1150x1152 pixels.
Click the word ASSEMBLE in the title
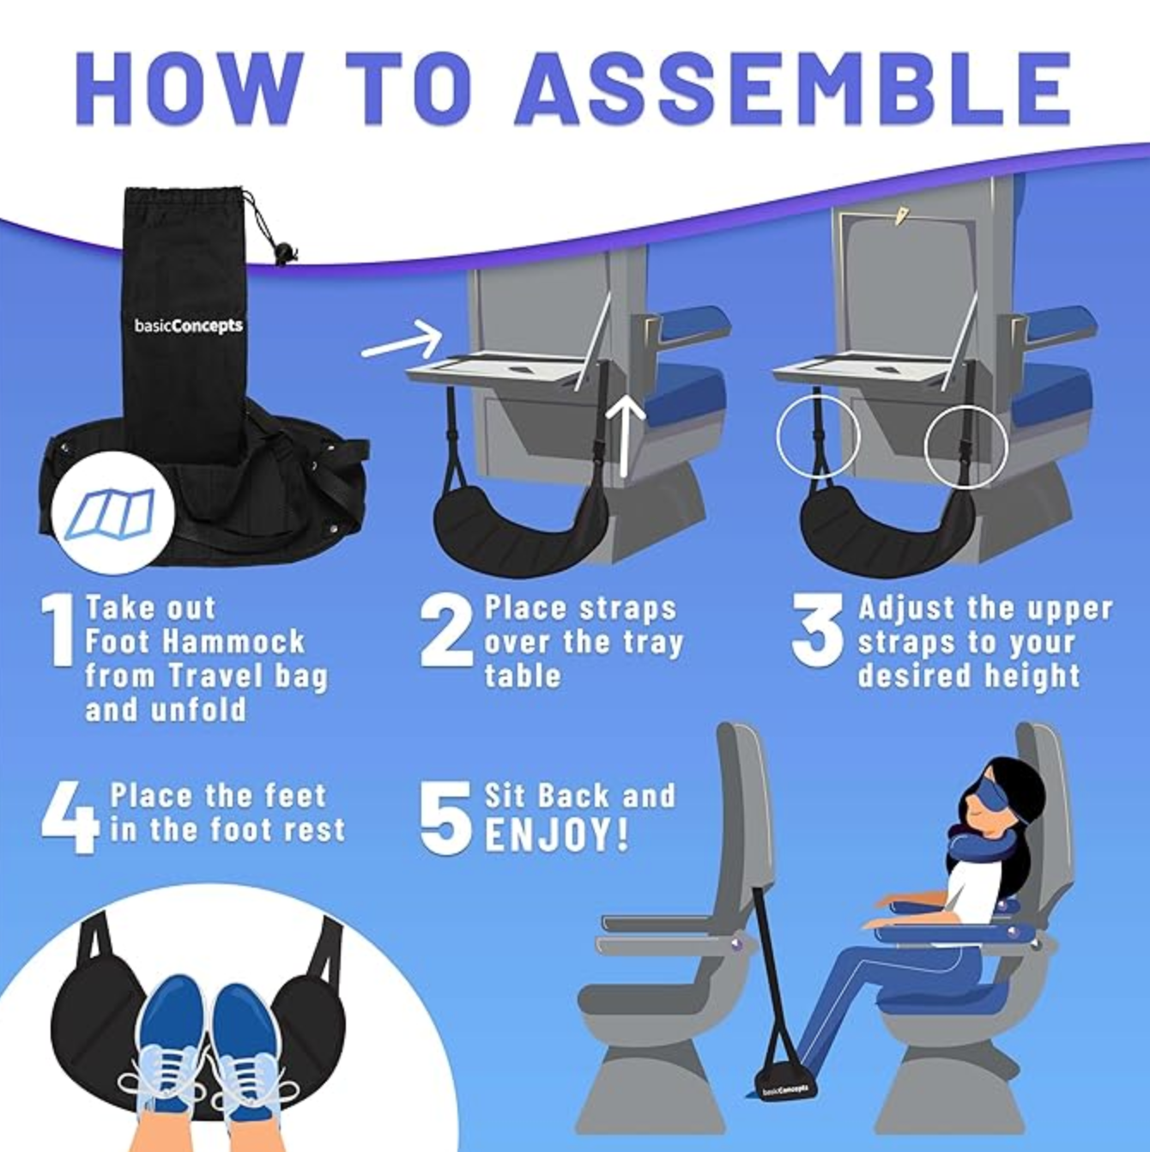(793, 88)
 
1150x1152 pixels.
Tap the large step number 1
(57, 630)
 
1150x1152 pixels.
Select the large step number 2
(446, 633)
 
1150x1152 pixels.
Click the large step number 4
(70, 818)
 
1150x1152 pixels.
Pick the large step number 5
(445, 818)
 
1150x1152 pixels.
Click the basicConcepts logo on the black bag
(188, 326)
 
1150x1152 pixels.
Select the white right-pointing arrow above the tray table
(402, 340)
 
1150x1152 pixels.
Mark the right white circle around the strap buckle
(965, 447)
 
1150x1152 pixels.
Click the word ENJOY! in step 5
(556, 836)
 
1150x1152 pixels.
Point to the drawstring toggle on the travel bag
(279, 253)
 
